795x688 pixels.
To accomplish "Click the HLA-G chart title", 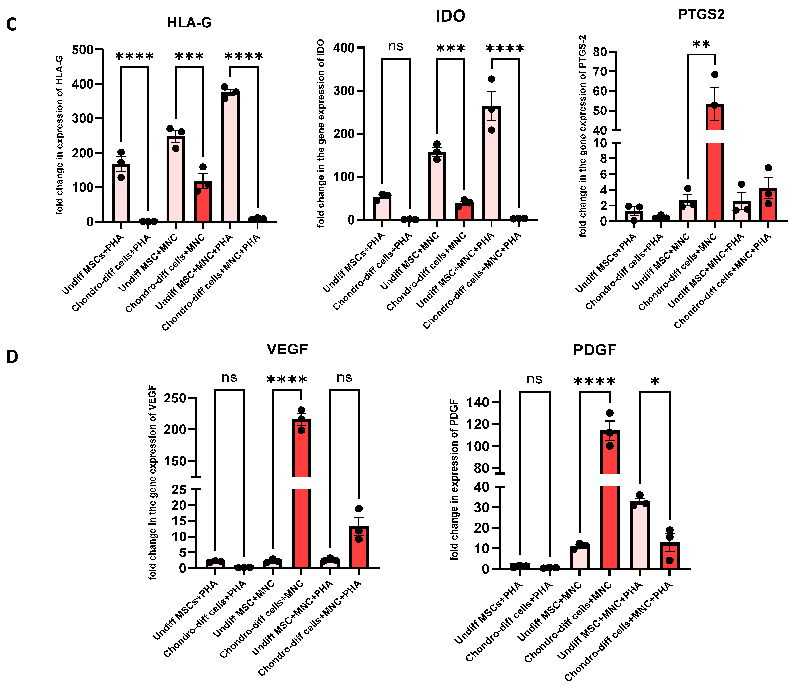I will click(x=189, y=23).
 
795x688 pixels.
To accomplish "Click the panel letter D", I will click(x=12, y=357).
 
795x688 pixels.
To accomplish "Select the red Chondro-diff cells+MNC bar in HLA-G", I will click(x=203, y=202).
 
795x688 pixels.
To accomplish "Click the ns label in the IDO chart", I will click(x=396, y=46).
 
